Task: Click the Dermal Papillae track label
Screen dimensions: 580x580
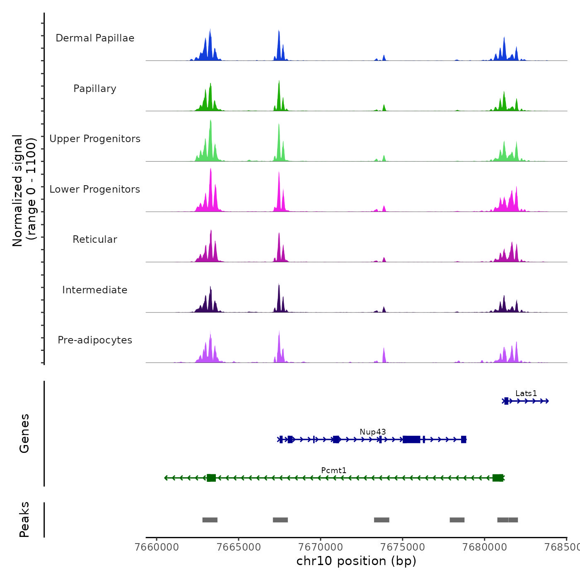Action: click(x=95, y=38)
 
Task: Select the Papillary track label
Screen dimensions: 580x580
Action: click(x=95, y=89)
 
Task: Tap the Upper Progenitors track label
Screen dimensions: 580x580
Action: click(x=95, y=139)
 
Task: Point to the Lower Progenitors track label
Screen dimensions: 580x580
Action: click(x=95, y=189)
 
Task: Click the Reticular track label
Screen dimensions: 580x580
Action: click(x=95, y=239)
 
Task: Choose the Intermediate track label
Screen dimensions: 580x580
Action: click(x=95, y=290)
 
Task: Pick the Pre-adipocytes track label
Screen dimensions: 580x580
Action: click(x=95, y=340)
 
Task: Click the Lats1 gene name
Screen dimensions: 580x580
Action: click(x=526, y=393)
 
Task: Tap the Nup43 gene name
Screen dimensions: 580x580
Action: click(x=373, y=432)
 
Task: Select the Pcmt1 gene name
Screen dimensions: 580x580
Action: click(x=334, y=470)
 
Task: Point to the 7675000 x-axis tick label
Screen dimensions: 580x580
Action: click(x=403, y=547)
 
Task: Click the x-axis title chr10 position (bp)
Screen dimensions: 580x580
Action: click(x=356, y=561)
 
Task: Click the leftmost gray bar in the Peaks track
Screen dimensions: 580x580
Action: click(x=210, y=520)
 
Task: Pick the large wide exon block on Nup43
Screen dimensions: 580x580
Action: click(x=411, y=440)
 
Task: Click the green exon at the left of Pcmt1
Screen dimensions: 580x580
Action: click(x=211, y=478)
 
